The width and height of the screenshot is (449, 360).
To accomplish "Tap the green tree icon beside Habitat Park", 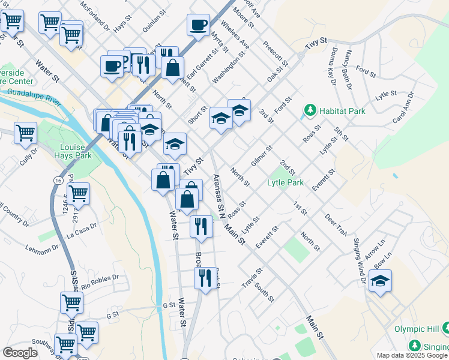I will click(310, 110).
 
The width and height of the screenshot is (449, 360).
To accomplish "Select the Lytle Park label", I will click(285, 182).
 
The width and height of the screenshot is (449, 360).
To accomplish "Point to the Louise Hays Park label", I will click(76, 151).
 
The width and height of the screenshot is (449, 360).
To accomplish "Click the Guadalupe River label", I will click(34, 96).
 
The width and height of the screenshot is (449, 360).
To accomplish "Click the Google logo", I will click(20, 353).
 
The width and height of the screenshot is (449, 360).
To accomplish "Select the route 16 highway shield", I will click(58, 180).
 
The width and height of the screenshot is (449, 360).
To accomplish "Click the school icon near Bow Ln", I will click(380, 281).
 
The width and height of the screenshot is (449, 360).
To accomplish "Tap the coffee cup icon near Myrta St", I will click(198, 25).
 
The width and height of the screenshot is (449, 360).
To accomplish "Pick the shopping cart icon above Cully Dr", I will click(25, 133).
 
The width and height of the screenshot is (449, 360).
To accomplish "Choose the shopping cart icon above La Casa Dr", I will click(78, 193).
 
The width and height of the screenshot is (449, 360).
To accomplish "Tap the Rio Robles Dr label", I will click(100, 281).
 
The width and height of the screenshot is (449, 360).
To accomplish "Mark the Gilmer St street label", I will click(262, 155).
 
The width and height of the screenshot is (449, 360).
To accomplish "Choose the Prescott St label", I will click(276, 53).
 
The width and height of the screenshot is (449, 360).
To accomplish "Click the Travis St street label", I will click(252, 277).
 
